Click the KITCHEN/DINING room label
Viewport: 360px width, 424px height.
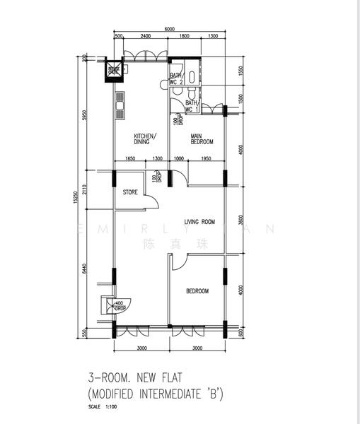pos(146,139)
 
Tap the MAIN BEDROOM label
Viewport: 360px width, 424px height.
pos(202,139)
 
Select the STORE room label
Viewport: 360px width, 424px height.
pos(130,192)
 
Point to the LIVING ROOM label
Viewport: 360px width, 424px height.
pos(199,222)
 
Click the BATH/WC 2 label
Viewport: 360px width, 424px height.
pos(176,78)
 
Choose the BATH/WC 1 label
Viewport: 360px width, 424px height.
pos(191,106)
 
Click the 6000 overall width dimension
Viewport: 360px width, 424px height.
pos(170,29)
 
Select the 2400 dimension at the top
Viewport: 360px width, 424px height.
pos(144,36)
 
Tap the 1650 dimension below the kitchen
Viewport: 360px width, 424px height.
pos(130,159)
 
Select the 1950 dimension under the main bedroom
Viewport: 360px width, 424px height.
pos(206,159)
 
